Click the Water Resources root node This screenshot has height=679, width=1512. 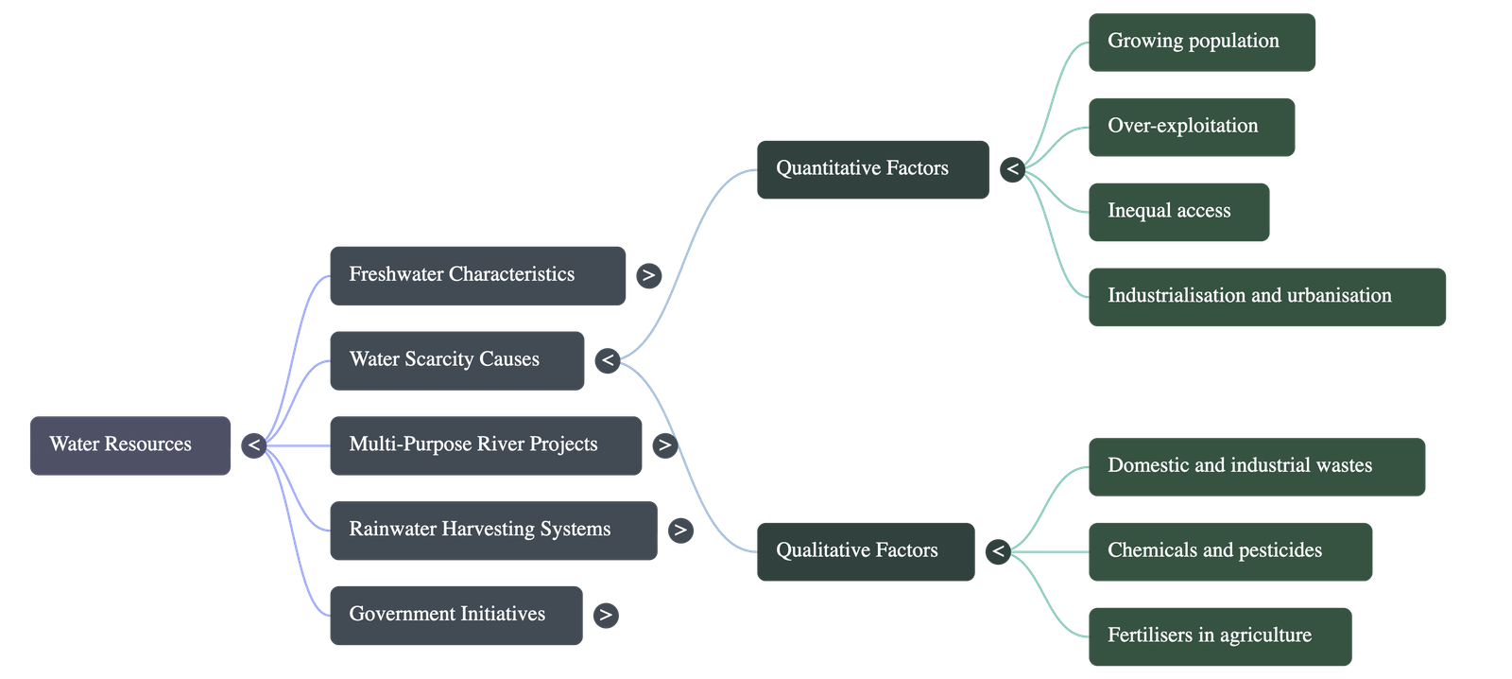tap(130, 444)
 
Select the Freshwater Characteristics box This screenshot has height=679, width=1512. tap(477, 275)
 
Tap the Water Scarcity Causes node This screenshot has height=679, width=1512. tap(456, 359)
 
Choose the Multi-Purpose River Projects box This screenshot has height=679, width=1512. tap(486, 444)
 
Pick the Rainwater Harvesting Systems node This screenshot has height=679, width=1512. tap(492, 530)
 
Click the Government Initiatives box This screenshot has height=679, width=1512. tap(455, 615)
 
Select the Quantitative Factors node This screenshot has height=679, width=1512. tap(872, 169)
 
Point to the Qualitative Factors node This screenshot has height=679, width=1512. tap(865, 551)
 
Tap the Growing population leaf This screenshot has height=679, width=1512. tap(1201, 42)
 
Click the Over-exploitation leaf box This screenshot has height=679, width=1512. tap(1191, 127)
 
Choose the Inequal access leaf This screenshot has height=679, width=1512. tap(1178, 212)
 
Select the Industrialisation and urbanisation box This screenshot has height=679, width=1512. tap(1266, 296)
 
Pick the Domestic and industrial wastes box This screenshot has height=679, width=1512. tap(1256, 466)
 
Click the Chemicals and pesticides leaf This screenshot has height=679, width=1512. tap(1229, 551)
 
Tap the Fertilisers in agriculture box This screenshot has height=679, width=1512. tap(1219, 636)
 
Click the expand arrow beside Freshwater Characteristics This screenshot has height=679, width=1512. tap(647, 276)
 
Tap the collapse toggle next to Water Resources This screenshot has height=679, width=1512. tap(253, 445)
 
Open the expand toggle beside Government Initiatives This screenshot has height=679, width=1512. tap(606, 616)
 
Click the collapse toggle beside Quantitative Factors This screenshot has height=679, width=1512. tap(1012, 170)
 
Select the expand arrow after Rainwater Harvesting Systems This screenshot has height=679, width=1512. tap(679, 531)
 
